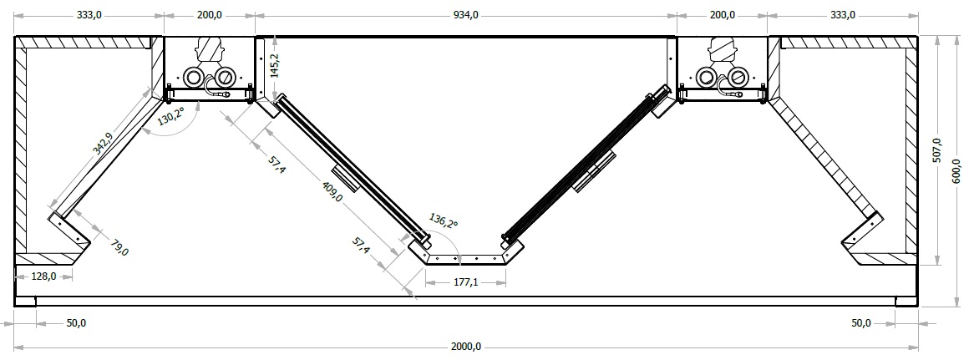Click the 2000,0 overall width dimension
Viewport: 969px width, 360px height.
point(465,347)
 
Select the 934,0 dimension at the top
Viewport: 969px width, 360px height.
point(465,15)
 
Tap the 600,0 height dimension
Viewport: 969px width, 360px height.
point(956,172)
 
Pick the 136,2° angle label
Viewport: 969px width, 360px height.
point(444,221)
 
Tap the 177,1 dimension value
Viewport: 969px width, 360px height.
point(466,282)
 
